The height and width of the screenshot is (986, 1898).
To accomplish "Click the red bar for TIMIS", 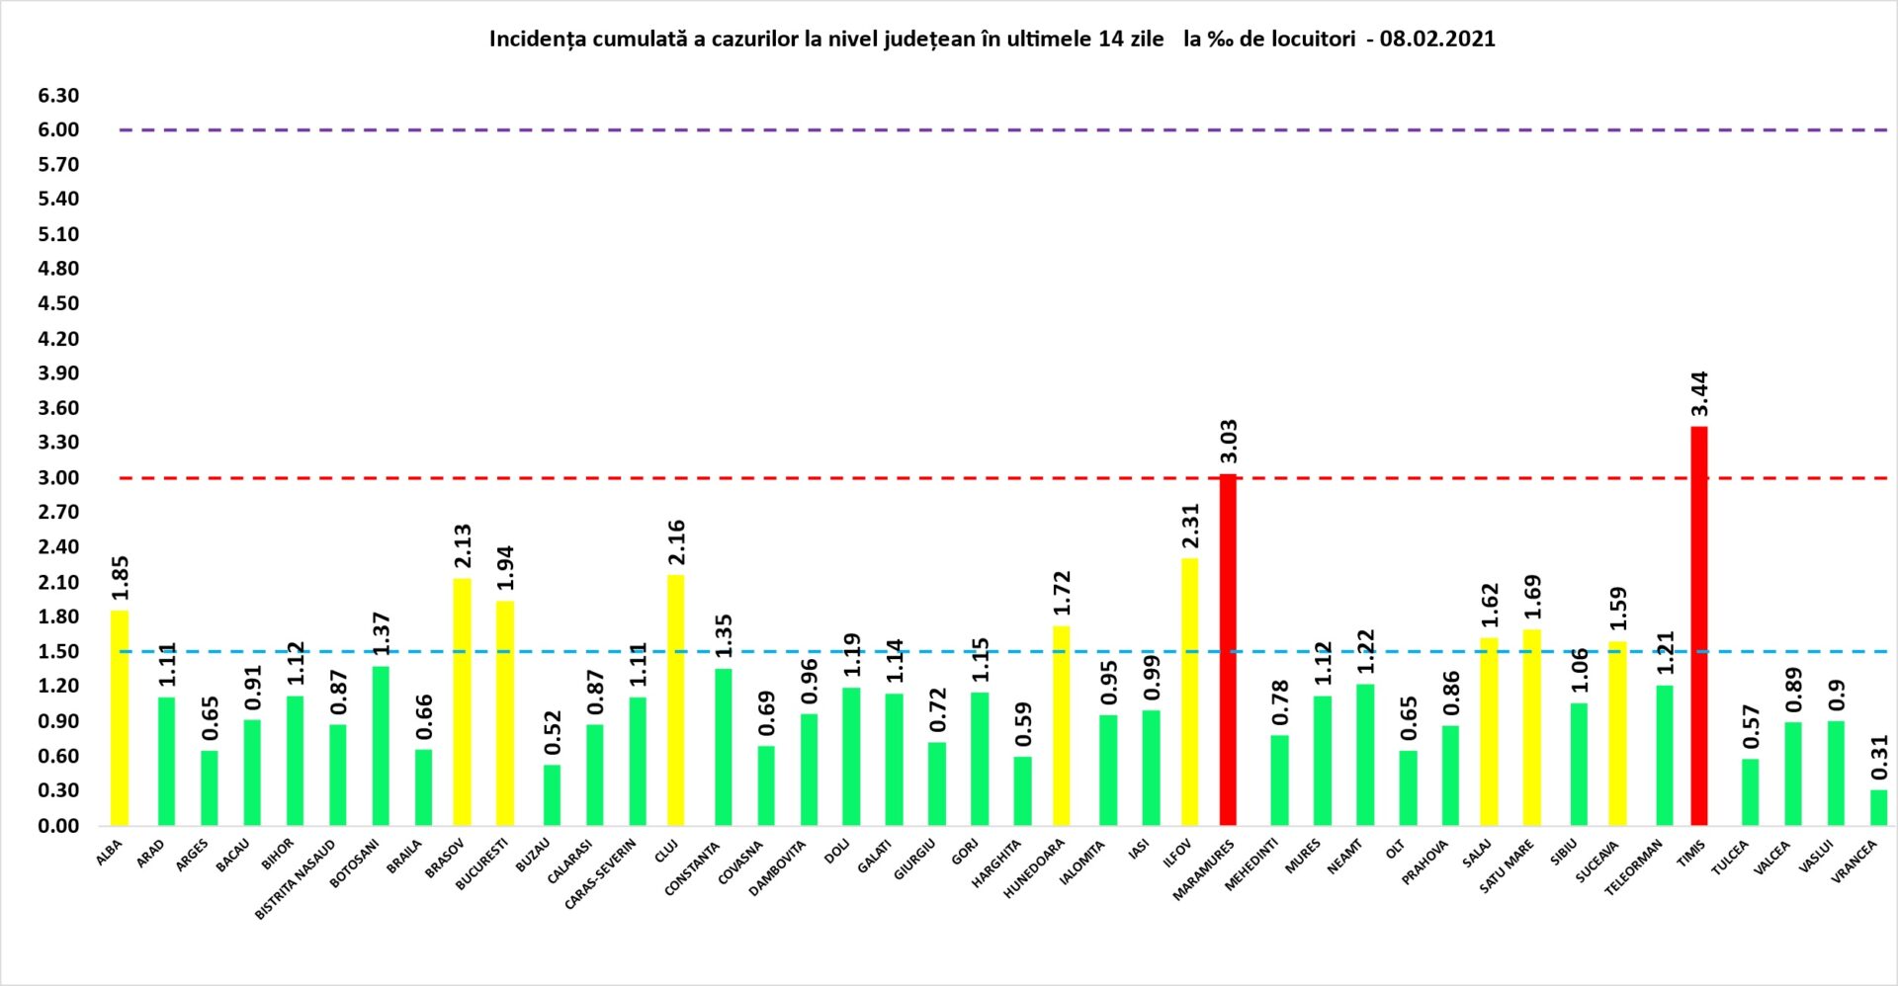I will point(1698,625).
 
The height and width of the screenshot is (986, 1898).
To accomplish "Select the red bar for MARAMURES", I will point(1228,649).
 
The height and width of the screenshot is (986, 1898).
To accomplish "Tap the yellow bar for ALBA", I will point(120,717).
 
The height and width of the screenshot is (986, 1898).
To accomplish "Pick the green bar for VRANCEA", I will point(1878,807).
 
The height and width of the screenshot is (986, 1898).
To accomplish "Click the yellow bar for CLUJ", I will point(675,699).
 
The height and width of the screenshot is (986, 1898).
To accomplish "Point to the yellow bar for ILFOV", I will point(1190,691).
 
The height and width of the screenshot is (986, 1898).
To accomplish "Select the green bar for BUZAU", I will point(552,794).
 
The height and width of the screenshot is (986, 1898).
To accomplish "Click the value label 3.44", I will point(1699,394).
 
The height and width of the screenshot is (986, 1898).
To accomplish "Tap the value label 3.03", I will point(1229,442).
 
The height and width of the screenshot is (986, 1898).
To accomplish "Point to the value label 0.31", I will point(1879,757).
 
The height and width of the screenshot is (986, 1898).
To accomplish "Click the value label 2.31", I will point(1191,526).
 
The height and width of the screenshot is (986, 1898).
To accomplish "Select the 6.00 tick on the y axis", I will point(58,130).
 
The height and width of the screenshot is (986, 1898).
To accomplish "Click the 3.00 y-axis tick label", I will point(58,478).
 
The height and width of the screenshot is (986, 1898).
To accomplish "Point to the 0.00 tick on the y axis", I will point(58,826).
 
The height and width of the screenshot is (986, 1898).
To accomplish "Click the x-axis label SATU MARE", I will point(1507,866).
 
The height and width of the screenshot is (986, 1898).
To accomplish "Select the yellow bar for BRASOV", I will point(462,701).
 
